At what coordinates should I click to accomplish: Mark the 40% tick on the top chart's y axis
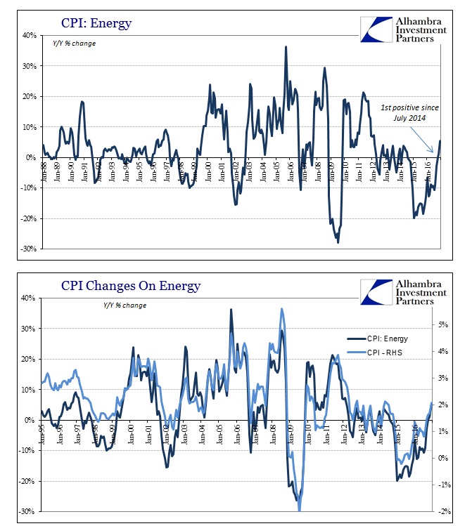29,35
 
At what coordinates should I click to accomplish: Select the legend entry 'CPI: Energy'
386,338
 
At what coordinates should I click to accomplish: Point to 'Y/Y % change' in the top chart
75,44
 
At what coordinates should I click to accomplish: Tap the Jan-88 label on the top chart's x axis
44,169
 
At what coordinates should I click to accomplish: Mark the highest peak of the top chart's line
286,47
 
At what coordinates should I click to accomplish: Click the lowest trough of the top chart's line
338,242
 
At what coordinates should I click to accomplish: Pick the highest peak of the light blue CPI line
282,308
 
